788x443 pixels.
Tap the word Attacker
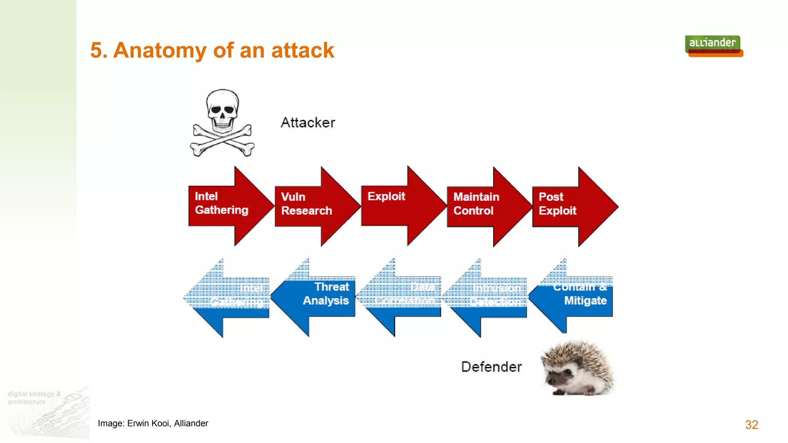[x=308, y=123]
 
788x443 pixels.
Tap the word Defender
[x=491, y=367]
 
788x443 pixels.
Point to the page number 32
[x=751, y=425]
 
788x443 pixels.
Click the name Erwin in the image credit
[x=138, y=423]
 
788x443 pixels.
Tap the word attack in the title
[x=302, y=50]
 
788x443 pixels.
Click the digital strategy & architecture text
[x=34, y=398]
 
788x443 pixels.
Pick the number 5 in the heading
[x=96, y=50]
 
